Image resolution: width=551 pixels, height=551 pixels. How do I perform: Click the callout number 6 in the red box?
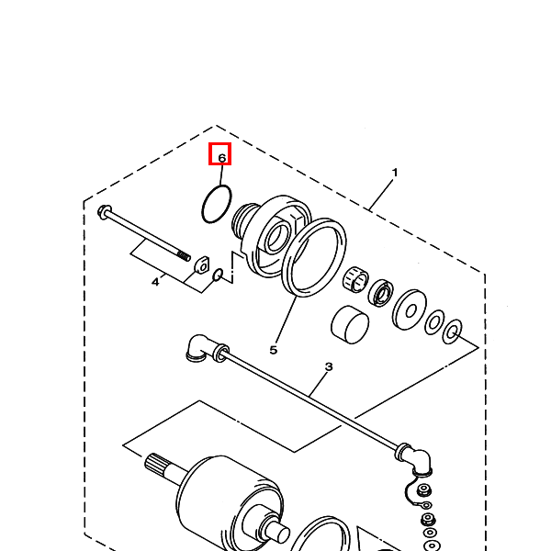pyautogui.click(x=221, y=158)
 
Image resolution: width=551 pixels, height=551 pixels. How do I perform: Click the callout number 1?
pyautogui.click(x=395, y=173)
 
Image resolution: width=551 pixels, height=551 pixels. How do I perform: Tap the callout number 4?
pyautogui.click(x=155, y=282)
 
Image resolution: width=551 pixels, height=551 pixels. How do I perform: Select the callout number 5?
pyautogui.click(x=274, y=350)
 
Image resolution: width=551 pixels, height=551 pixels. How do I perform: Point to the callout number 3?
pyautogui.click(x=329, y=366)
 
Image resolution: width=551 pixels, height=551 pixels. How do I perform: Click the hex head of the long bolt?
pyautogui.click(x=104, y=212)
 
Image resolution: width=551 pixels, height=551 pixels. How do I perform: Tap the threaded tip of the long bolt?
pyautogui.click(x=184, y=256)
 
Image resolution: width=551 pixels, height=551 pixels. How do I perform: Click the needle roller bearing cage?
pyautogui.click(x=355, y=279)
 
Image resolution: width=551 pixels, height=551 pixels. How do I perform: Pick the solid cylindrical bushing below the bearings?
pyautogui.click(x=350, y=324)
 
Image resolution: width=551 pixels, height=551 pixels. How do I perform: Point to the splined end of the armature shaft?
pyautogui.click(x=153, y=463)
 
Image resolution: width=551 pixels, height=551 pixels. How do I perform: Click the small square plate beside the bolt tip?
pyautogui.click(x=202, y=265)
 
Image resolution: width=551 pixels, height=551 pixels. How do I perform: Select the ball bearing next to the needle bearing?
pyautogui.click(x=381, y=293)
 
